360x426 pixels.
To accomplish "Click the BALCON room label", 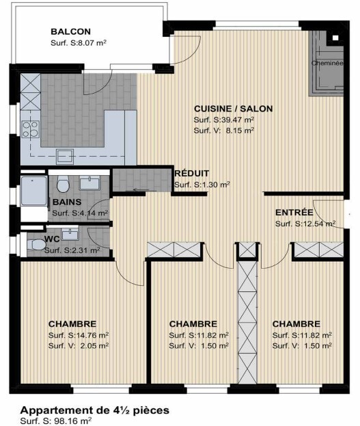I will click(x=70, y=31).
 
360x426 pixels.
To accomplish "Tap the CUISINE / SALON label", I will click(x=234, y=109).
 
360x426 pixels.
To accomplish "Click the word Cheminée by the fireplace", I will click(x=327, y=63).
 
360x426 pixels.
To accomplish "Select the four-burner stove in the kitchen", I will click(x=30, y=129).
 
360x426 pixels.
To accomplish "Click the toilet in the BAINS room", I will click(x=63, y=184).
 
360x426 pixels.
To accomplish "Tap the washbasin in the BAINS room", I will click(x=89, y=182).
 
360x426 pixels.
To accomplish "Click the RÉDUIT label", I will click(x=191, y=174).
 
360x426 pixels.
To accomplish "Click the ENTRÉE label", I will click(x=294, y=212).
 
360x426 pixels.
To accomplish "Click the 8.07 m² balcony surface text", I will click(x=90, y=42).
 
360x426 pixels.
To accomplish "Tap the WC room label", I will click(x=53, y=239).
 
